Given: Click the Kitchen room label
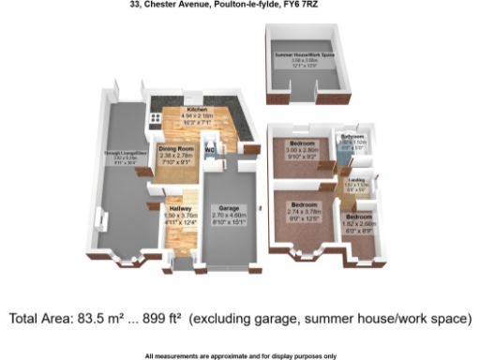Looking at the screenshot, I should click(196, 110).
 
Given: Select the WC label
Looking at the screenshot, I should click(209, 149).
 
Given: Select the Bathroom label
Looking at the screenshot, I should click(352, 136).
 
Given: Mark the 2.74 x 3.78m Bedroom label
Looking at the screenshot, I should click(302, 204).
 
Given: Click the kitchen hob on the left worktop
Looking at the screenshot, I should click(155, 120).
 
